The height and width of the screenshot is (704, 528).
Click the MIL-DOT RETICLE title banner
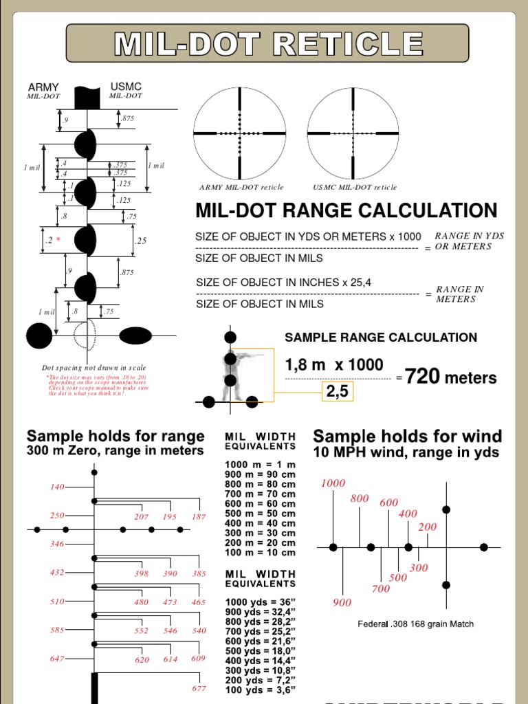[x=267, y=43]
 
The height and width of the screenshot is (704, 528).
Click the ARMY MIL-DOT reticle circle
[x=239, y=133]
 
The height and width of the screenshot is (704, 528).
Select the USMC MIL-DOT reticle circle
[x=353, y=133]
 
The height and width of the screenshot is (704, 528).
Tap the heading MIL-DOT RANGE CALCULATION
[x=346, y=210]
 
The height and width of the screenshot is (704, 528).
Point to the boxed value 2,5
[x=338, y=390]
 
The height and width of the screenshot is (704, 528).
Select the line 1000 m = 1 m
[x=259, y=465]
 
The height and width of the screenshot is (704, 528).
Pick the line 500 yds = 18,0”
[x=259, y=651]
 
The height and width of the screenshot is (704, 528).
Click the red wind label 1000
[x=333, y=483]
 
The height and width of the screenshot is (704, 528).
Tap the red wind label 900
[x=342, y=603]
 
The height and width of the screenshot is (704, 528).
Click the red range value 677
[x=199, y=688]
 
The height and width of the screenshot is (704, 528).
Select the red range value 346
[x=56, y=544]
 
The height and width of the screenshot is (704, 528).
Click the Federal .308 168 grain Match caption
[x=415, y=624]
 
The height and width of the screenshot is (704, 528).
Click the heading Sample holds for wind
[x=407, y=436]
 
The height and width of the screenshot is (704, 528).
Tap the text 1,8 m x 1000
[x=334, y=365]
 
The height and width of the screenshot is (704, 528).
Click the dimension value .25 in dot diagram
[x=141, y=241]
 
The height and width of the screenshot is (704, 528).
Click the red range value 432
[x=56, y=572]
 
